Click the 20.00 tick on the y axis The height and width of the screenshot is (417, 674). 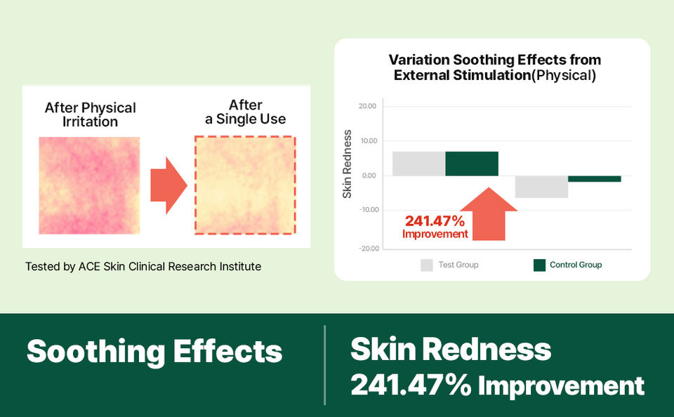(x=367, y=107)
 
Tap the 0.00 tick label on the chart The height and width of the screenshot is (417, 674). (x=369, y=176)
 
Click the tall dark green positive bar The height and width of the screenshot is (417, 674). (x=472, y=164)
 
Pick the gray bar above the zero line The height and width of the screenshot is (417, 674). (x=418, y=164)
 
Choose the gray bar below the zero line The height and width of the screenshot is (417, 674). (x=541, y=187)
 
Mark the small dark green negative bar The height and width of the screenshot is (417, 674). (x=594, y=179)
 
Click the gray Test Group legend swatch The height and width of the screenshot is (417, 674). (x=427, y=265)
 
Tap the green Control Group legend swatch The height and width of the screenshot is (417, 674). (x=539, y=265)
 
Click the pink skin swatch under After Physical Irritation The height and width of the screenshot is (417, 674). (x=89, y=185)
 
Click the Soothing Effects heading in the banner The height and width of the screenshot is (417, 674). (x=154, y=351)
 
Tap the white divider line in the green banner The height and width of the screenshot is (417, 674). (x=325, y=365)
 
